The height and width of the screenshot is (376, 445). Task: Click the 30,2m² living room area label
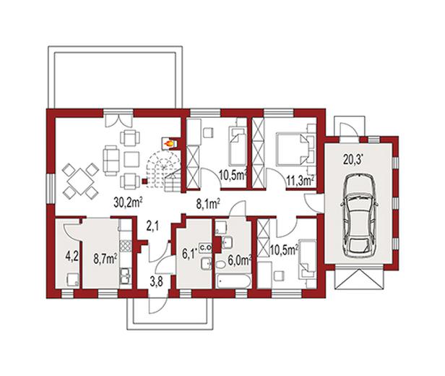point(128,202)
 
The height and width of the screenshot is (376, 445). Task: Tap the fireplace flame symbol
point(168,143)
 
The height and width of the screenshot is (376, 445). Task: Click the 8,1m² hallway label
point(208,204)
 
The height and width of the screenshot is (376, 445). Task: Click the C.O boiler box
point(205,248)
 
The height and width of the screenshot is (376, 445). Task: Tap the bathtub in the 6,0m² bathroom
point(233,281)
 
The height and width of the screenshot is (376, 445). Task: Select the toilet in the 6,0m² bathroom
point(220,265)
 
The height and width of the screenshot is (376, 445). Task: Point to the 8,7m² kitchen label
point(105,258)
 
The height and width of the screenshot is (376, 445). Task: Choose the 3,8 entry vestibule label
point(156,283)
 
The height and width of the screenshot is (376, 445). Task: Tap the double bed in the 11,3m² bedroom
point(293,148)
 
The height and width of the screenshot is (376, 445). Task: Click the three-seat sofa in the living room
point(111,161)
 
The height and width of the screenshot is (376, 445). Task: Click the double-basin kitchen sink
point(125,275)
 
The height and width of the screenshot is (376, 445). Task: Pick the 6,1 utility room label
point(189,254)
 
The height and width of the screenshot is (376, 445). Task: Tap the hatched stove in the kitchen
point(126,245)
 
